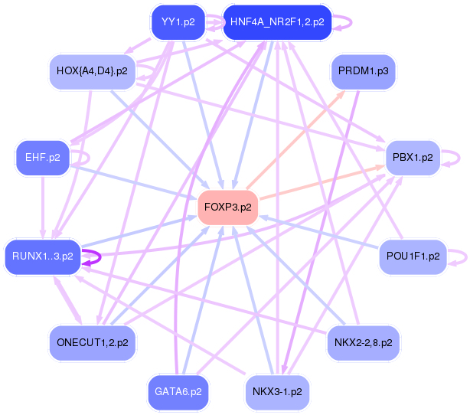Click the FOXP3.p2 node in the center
point(227,207)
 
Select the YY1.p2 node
point(173,22)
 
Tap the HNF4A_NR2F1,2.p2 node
point(276,22)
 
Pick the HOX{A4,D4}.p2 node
point(91,72)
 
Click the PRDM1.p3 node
point(362,72)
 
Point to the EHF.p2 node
point(42,158)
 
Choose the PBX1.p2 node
point(413,158)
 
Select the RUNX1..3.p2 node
point(43,257)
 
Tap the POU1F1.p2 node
point(413,257)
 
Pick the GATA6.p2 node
point(178,392)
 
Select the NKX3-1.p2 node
point(276,392)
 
